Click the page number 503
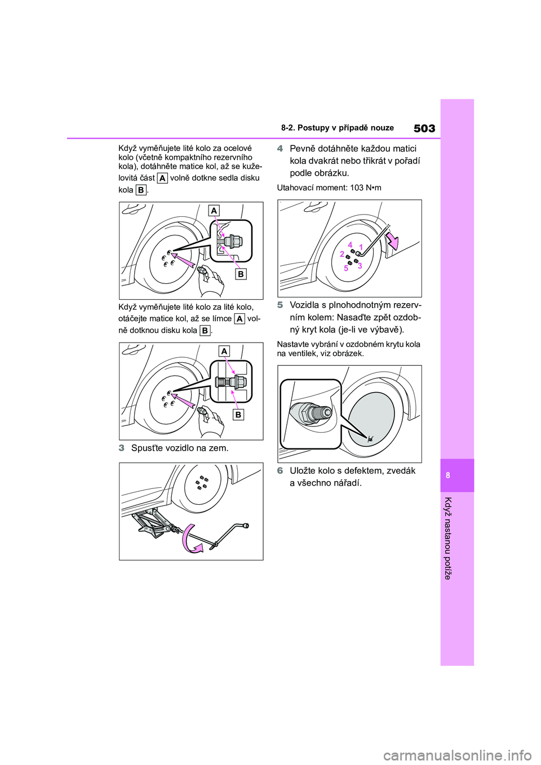[x=424, y=128]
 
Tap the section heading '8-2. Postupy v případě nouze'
[x=337, y=128]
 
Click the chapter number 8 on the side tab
[x=448, y=475]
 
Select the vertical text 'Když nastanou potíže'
[x=448, y=538]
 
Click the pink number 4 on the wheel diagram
[x=350, y=245]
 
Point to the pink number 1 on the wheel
[x=361, y=247]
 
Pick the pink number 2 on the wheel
[x=342, y=254]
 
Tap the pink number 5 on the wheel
[x=346, y=268]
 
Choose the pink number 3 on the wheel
[x=360, y=265]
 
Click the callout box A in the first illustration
[x=214, y=211]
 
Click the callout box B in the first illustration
[x=241, y=274]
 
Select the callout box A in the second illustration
[x=224, y=351]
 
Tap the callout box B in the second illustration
[x=238, y=415]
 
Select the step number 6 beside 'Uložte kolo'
[x=280, y=471]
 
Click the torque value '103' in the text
[x=357, y=188]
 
